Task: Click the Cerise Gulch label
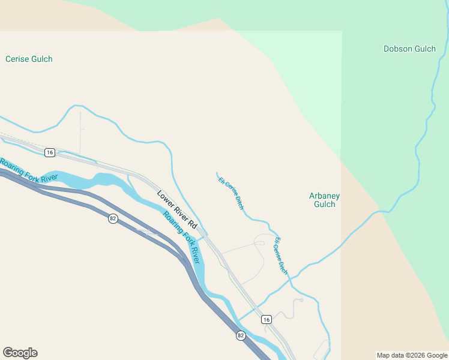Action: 29,59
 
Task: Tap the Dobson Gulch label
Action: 409,49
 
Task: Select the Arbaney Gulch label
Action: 325,200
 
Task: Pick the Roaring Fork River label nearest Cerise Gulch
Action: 29,169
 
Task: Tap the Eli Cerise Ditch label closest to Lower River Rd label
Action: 231,193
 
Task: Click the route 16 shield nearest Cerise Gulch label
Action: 50,153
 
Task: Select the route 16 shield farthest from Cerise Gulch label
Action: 267,319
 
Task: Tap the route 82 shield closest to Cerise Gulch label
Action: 113,218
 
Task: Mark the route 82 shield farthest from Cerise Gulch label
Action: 241,335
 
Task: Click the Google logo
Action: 20,353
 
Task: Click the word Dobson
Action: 397,49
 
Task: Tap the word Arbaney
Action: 325,196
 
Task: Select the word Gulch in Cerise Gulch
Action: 41,59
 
